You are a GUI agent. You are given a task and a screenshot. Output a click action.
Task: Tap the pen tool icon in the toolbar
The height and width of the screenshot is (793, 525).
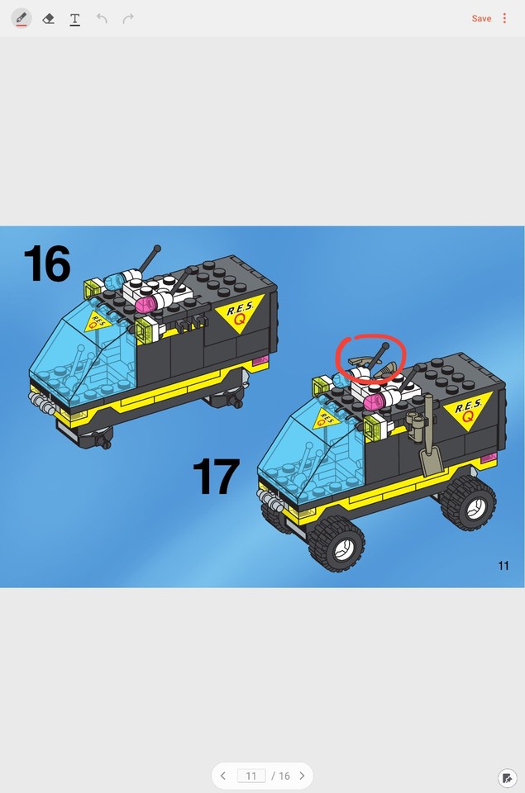point(21,18)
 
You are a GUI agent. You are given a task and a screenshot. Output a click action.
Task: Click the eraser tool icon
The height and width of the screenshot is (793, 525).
point(48,18)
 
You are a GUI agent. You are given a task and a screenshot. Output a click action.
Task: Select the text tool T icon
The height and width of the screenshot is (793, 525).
point(74,18)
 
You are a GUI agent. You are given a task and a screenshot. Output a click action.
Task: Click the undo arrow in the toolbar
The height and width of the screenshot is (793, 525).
point(102,18)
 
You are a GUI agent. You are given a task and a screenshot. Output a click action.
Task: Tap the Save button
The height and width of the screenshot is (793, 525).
point(481,18)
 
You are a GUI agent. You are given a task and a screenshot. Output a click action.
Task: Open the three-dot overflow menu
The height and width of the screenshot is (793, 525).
point(504,18)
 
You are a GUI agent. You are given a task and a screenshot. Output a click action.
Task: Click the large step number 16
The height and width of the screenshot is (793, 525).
point(47,264)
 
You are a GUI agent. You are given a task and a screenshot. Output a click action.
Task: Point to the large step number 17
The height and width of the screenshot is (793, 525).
point(216,477)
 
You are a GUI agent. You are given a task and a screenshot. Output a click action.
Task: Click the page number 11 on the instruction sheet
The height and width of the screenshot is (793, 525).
point(503,566)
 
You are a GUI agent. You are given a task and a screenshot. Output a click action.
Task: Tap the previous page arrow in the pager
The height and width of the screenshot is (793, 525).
point(223,776)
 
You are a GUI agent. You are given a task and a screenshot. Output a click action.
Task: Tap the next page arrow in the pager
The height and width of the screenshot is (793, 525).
point(302,776)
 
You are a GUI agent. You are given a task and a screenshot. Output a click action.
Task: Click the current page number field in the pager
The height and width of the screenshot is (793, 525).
point(251,776)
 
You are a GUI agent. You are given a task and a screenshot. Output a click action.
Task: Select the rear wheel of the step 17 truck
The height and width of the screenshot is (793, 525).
point(469,502)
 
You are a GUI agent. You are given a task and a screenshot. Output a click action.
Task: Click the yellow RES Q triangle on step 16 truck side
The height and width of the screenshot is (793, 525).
point(239,312)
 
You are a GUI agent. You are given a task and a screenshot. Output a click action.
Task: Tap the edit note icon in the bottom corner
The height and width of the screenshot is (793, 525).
point(507,777)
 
